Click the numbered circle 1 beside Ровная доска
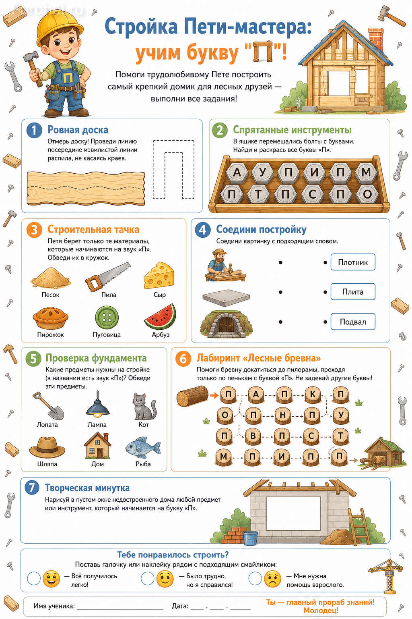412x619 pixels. pos(34,130)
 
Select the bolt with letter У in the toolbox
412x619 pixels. pos(262,172)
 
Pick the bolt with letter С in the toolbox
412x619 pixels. pos(312,194)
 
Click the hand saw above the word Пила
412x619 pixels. pos(108,277)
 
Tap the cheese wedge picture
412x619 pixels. pos(159,276)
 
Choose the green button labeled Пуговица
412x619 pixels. pos(107,318)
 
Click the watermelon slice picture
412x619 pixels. pos(161,317)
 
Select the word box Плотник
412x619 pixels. pos(353,262)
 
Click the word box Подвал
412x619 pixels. pos(353,322)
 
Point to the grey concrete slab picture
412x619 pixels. pos(226,298)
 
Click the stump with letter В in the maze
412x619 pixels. pos(253,436)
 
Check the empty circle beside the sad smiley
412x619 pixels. pos(255,578)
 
